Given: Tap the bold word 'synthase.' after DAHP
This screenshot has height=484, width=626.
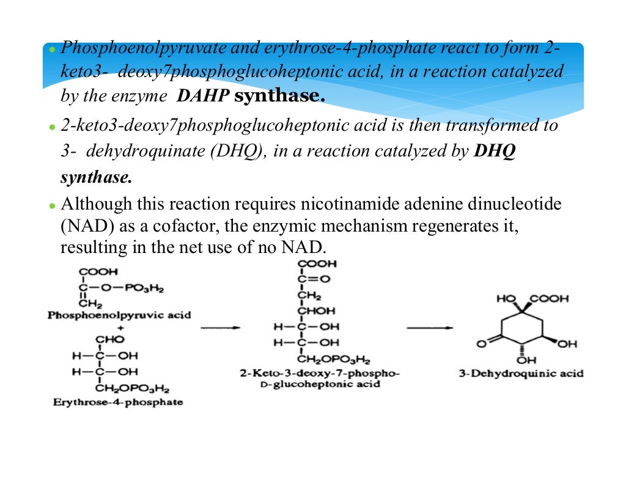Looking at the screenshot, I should tap(279, 96).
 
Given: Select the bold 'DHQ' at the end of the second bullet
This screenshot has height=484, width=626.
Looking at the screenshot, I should tap(495, 151).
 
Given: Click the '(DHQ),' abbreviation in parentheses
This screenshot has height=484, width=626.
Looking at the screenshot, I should tap(238, 151).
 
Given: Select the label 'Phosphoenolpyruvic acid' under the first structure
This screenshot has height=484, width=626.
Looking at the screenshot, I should tap(119, 315).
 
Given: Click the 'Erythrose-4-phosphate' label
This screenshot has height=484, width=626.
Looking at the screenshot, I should tap(117, 402).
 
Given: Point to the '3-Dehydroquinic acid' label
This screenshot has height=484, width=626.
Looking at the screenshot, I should tap(521, 373).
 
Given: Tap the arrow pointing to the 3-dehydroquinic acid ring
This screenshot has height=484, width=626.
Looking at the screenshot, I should tap(430, 328).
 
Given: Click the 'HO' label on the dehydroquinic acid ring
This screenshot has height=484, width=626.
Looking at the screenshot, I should tap(506, 299).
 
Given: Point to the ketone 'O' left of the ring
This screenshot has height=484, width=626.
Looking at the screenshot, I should tap(481, 344).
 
